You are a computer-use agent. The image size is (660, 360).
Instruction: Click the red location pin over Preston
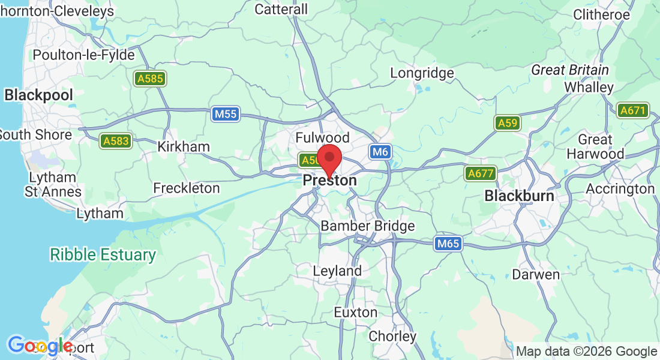pyautogui.click(x=329, y=160)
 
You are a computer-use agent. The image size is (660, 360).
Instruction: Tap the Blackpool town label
pyautogui.click(x=38, y=95)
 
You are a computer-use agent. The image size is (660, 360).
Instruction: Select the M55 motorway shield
pyautogui.click(x=225, y=113)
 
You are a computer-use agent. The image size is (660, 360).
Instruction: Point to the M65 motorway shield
pyautogui.click(x=448, y=244)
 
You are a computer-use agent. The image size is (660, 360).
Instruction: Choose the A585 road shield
pyautogui.click(x=149, y=79)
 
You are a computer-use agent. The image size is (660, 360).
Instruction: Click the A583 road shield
pyautogui.click(x=115, y=141)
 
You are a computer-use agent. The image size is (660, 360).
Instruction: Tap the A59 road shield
pyautogui.click(x=507, y=123)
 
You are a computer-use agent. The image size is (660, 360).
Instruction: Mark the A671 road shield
pyautogui.click(x=633, y=110)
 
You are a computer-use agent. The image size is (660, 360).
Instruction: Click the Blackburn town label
pyautogui.click(x=519, y=196)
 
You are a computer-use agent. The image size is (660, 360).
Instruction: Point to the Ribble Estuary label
pyautogui.click(x=103, y=254)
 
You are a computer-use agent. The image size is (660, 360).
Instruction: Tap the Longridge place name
pyautogui.click(x=422, y=73)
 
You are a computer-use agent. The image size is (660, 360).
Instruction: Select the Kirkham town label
pyautogui.click(x=183, y=146)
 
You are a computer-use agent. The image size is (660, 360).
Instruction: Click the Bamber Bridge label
pyautogui.click(x=367, y=226)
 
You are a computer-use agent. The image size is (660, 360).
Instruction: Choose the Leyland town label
pyautogui.click(x=337, y=271)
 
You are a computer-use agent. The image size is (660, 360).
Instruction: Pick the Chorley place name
pyautogui.click(x=392, y=336)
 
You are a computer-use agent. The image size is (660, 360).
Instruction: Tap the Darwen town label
pyautogui.click(x=535, y=275)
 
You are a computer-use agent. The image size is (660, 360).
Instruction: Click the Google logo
pyautogui.click(x=40, y=346)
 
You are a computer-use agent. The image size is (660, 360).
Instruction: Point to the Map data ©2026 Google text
pyautogui.click(x=586, y=351)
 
